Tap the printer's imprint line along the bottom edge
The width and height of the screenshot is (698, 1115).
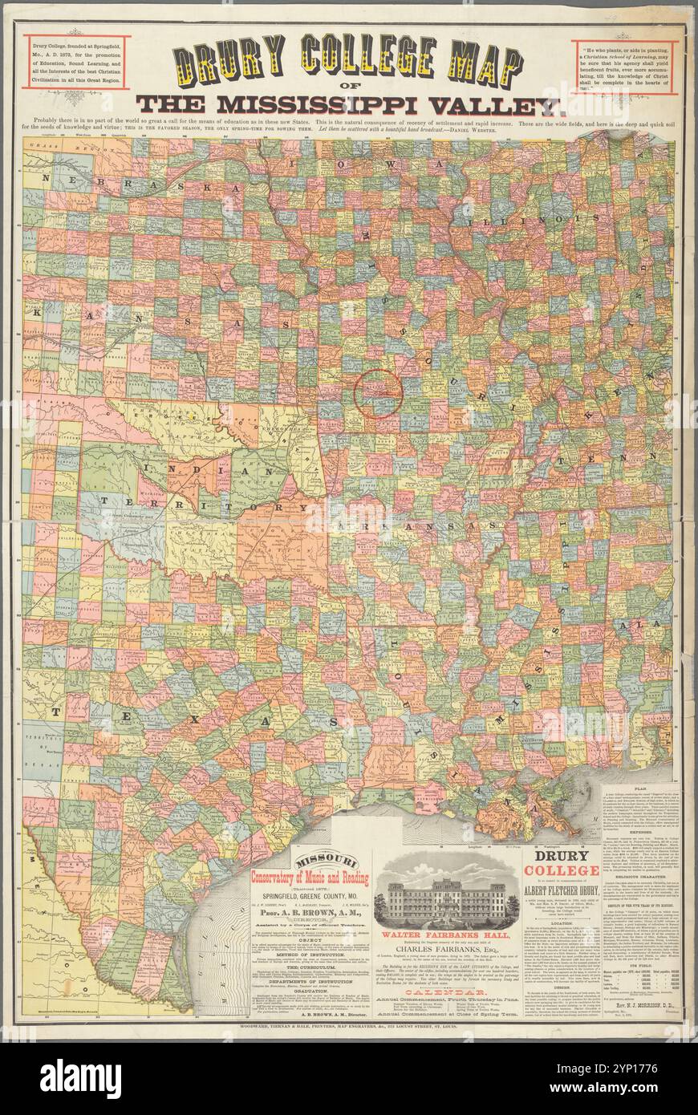349,1048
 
